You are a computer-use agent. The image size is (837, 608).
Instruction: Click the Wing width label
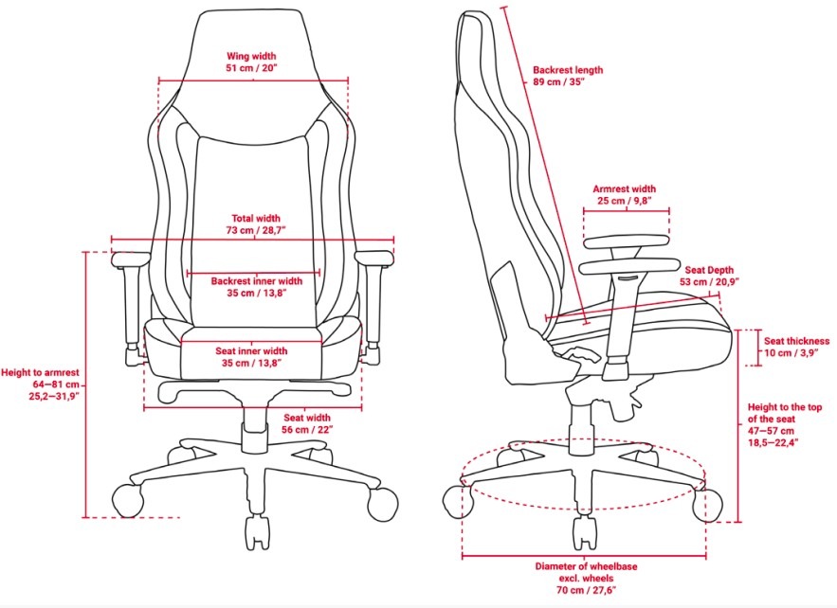pyautogui.click(x=251, y=56)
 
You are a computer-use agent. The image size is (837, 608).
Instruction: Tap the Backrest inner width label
pyautogui.click(x=256, y=280)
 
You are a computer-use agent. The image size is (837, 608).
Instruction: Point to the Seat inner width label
pyautogui.click(x=251, y=351)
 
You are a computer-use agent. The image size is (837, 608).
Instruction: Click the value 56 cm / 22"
pyautogui.click(x=307, y=430)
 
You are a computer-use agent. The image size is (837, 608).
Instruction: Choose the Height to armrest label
pyautogui.click(x=40, y=373)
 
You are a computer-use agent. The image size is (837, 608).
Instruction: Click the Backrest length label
pyautogui.click(x=568, y=70)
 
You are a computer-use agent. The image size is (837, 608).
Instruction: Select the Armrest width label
pyautogui.click(x=624, y=188)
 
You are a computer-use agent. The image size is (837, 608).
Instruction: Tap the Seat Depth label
pyautogui.click(x=709, y=270)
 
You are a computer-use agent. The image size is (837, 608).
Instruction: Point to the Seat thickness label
pyautogui.click(x=796, y=341)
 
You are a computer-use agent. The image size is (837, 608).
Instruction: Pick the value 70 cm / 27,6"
pyautogui.click(x=586, y=590)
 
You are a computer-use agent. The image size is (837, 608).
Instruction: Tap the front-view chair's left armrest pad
pyautogui.click(x=131, y=259)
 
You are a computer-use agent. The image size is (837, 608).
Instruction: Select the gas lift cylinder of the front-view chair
pyautogui.click(x=255, y=421)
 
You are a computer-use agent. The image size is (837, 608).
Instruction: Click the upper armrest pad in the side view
pyautogui.click(x=627, y=242)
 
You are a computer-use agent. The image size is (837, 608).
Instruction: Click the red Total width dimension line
pyautogui.click(x=252, y=240)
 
